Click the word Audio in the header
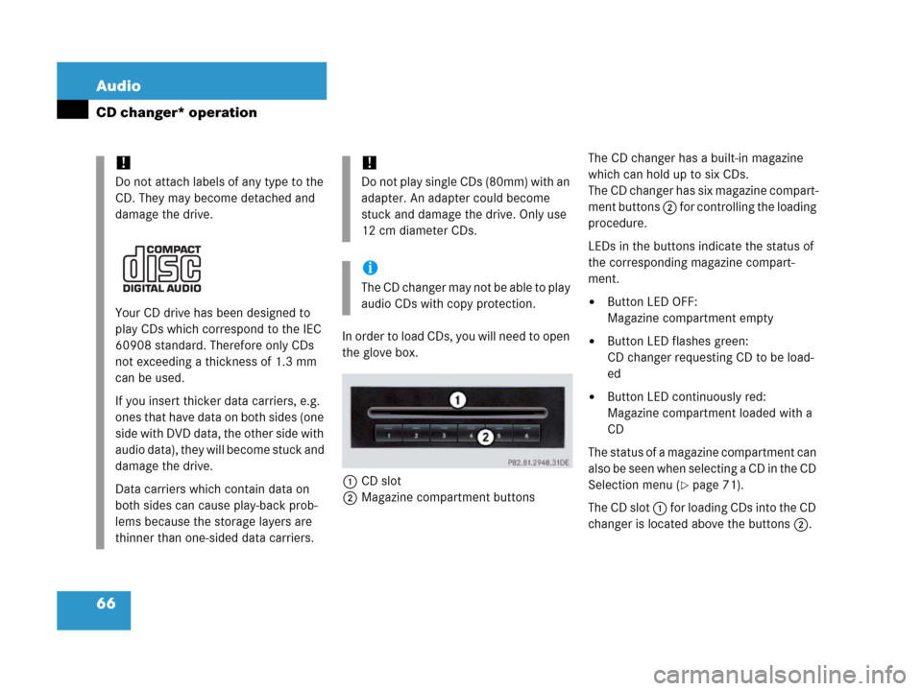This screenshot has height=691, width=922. click(118, 86)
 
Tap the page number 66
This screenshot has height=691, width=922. click(106, 604)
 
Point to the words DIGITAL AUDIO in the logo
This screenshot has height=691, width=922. click(162, 287)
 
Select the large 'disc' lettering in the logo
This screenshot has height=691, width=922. click(161, 269)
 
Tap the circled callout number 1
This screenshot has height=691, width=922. click(458, 399)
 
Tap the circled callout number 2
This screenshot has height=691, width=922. click(486, 437)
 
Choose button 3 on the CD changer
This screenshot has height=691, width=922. click(444, 433)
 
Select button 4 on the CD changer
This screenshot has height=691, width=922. click(471, 433)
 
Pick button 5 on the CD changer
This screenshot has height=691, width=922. click(499, 433)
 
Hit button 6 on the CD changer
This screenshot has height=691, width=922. click(526, 433)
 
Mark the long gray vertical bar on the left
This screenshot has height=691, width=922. click(100, 351)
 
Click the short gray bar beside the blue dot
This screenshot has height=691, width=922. click(346, 287)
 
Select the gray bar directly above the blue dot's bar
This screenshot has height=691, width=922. click(346, 199)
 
